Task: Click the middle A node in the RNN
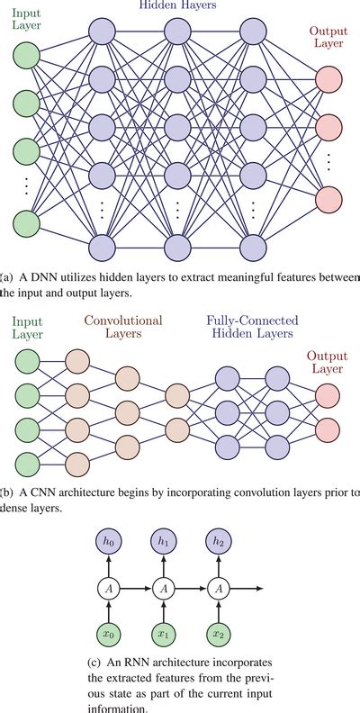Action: pos(163,588)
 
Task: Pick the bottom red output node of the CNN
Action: pos(328,446)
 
